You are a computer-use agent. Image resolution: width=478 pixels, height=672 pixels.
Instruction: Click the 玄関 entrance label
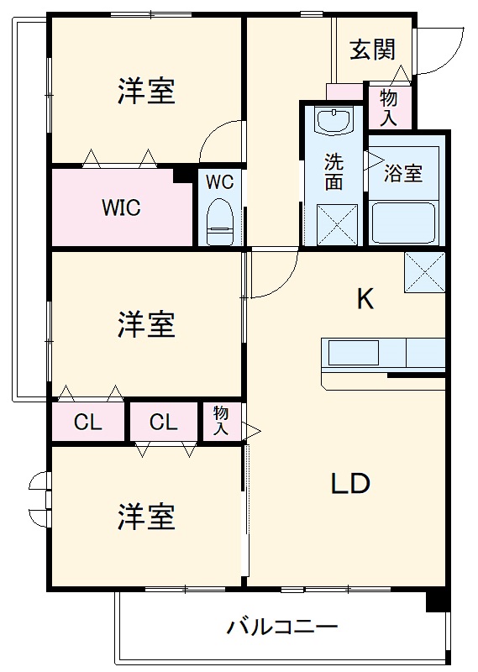(372, 50)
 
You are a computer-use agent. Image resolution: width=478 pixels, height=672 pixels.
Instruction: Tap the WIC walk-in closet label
(121, 207)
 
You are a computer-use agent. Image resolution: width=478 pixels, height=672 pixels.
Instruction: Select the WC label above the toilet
(219, 181)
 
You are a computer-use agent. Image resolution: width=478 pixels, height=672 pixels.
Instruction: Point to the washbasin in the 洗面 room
(334, 122)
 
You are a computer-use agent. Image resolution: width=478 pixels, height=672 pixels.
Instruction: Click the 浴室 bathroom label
(403, 174)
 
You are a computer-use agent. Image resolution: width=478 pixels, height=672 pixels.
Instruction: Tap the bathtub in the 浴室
(405, 223)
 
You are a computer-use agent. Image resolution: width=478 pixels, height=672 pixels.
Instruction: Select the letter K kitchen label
(365, 298)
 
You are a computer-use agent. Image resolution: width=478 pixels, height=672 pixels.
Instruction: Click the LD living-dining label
(349, 484)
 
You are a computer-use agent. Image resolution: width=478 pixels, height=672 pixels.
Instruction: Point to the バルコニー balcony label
(282, 627)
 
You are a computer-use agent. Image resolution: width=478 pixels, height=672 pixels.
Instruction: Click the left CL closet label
(87, 423)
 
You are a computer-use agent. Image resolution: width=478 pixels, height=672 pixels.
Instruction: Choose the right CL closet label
(164, 423)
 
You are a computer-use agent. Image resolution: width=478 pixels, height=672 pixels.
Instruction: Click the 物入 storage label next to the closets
(221, 421)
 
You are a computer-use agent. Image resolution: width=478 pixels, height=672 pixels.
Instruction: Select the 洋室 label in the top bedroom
(146, 91)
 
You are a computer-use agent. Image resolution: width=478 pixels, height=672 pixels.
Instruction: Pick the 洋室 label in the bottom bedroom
(146, 517)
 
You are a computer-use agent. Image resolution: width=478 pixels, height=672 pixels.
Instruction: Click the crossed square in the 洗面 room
(334, 224)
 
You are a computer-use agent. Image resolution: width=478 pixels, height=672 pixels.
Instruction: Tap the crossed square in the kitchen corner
(424, 272)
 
